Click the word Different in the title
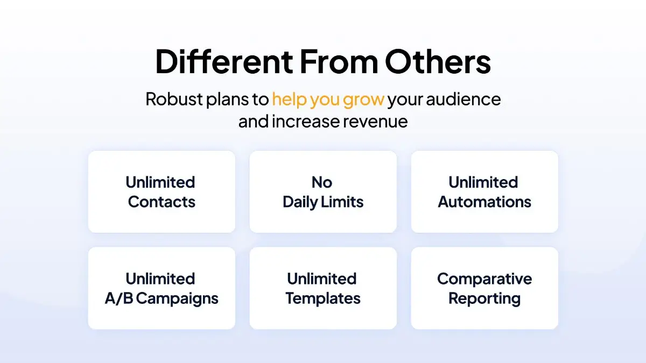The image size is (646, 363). click(224, 62)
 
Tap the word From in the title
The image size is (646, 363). click(339, 62)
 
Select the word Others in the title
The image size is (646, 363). click(438, 62)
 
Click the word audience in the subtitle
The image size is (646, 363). click(464, 99)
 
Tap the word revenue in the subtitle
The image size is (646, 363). click(375, 122)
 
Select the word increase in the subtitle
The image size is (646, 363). click(306, 122)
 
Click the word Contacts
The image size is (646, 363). click(161, 202)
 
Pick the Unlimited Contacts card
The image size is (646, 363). click(161, 191)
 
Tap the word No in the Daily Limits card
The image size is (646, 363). click(322, 182)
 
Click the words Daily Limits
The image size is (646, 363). click(323, 202)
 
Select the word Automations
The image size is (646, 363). click(484, 202)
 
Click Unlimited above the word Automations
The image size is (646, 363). click(483, 182)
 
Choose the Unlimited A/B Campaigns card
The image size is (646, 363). click(161, 288)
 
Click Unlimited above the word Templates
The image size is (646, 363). click(322, 279)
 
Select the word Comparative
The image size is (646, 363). click(484, 280)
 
